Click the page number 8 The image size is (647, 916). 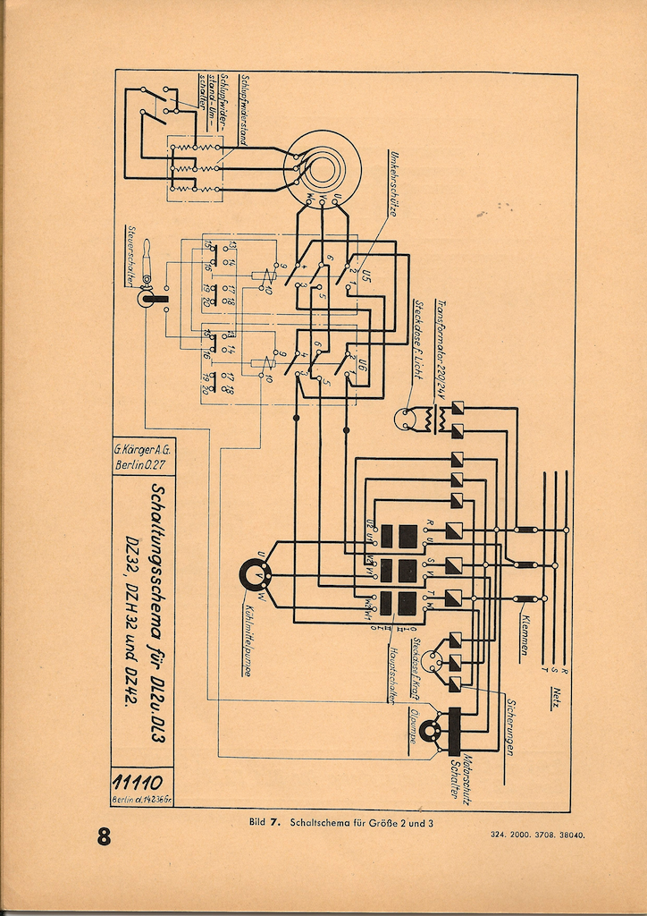coord(104,837)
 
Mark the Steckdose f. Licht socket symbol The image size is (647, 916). coord(406,417)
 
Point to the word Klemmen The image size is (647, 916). coord(523,635)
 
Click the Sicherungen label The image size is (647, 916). coord(508,725)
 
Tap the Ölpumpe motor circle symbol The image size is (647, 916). coord(432,733)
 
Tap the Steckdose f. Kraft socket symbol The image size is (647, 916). coord(433,661)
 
